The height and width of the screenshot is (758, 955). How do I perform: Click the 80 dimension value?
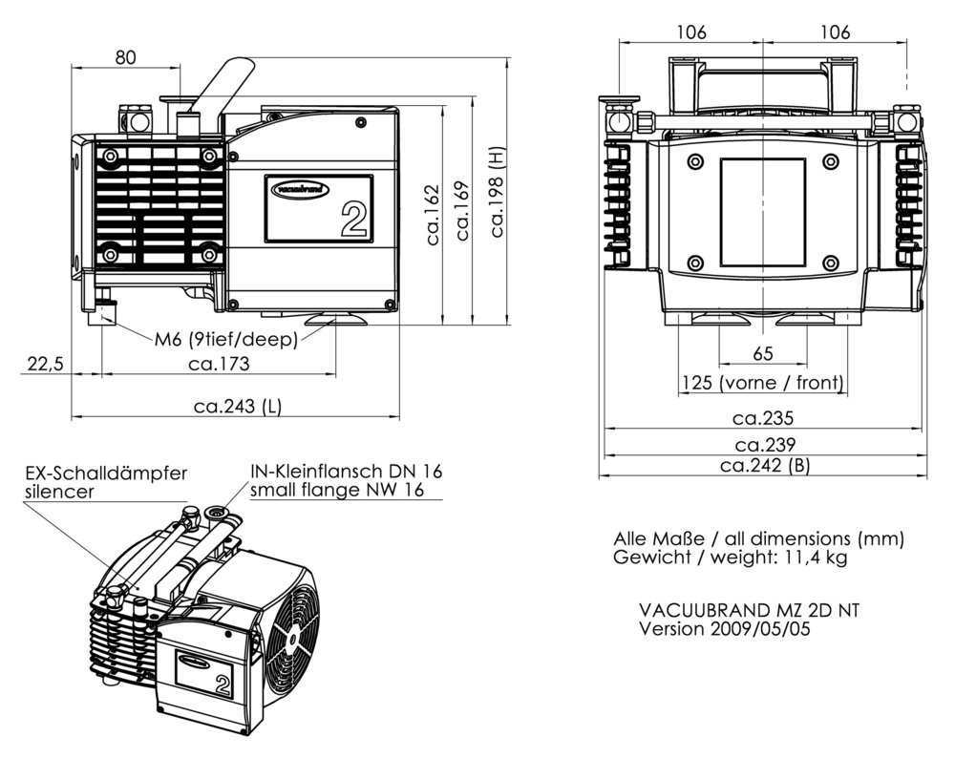tap(125, 57)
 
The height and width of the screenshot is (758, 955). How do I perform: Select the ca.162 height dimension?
tap(433, 215)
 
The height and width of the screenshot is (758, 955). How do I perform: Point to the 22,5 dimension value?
tap(44, 363)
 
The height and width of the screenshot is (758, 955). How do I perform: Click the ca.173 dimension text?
tap(219, 364)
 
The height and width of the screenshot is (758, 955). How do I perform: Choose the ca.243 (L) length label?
tap(238, 407)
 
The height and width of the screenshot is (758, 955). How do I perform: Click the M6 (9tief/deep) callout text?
tap(226, 338)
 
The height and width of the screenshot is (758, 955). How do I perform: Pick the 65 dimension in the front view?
tap(762, 354)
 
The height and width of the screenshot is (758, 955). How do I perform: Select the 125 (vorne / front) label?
tap(762, 384)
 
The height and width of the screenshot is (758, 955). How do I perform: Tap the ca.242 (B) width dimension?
tap(765, 466)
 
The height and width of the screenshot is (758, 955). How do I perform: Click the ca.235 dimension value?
tap(763, 418)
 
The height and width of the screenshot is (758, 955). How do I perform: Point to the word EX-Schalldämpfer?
tap(106, 474)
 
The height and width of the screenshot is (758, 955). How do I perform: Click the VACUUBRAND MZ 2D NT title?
tap(749, 610)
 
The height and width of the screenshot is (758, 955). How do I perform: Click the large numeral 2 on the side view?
tap(354, 219)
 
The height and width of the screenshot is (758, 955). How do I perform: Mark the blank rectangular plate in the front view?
tap(762, 211)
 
